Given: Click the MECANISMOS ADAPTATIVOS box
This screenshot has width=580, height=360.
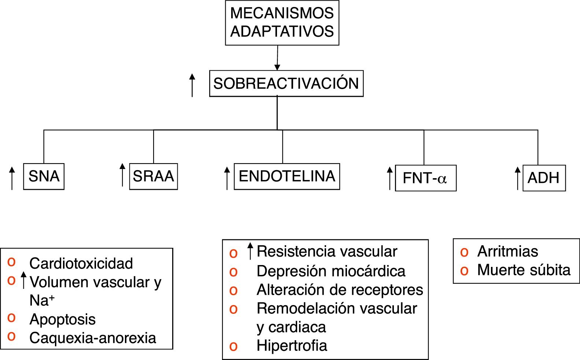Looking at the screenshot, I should tap(282, 23).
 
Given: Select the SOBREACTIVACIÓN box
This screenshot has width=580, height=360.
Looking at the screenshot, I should tap(286, 84).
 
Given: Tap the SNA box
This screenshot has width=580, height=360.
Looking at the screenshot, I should tap(44, 176).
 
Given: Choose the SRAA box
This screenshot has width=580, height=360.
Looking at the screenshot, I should tap(153, 176).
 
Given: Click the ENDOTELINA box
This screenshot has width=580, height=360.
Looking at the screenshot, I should tap(287, 176).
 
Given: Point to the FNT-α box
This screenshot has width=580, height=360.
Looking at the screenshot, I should tap(425, 178).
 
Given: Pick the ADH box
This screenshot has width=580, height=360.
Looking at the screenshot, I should tap(544, 178).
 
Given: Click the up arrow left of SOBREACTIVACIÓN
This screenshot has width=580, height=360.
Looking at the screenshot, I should tap(192, 85).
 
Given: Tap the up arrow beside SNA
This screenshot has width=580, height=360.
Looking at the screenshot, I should tap(12, 178).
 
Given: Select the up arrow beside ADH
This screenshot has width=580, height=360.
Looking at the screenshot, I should tap(517, 178).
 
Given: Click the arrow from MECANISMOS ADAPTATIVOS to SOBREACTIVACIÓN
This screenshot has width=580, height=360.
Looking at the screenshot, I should tap(277, 58).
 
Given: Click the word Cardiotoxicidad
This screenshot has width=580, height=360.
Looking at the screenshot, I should tap(81, 263).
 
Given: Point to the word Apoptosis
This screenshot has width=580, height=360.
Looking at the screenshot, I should tap(62, 319).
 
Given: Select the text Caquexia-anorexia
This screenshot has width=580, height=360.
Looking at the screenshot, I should tap(93, 338).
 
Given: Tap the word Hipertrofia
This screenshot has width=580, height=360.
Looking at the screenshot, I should tap(292, 346).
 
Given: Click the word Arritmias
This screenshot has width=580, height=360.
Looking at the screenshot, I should tap(507, 251).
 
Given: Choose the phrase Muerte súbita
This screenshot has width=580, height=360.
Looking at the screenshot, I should tap(524, 270).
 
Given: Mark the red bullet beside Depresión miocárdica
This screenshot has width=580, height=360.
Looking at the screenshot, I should tap(233, 272).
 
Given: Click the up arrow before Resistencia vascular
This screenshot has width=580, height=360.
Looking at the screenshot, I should tap(250, 251).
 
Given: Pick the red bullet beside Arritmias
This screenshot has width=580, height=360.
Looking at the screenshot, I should tap(464, 252).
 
